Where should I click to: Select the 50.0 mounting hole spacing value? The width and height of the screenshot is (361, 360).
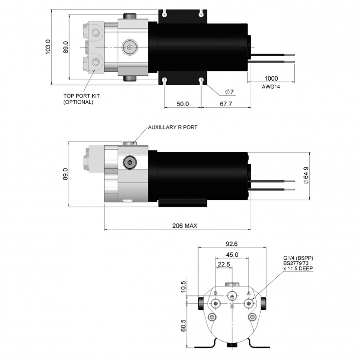click(x=182, y=104)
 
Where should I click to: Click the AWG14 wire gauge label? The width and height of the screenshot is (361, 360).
click(x=271, y=87)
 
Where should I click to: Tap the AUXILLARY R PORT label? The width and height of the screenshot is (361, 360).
click(x=172, y=128)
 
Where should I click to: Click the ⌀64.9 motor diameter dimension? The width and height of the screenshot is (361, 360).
click(x=306, y=175)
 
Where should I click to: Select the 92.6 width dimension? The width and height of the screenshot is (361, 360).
click(x=231, y=244)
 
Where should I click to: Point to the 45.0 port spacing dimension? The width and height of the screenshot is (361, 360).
click(x=231, y=254)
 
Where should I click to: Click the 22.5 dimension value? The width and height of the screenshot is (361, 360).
click(x=224, y=264)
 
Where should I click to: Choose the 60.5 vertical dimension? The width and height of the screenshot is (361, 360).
click(x=184, y=326)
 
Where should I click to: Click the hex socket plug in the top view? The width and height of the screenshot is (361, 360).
click(x=129, y=48)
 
